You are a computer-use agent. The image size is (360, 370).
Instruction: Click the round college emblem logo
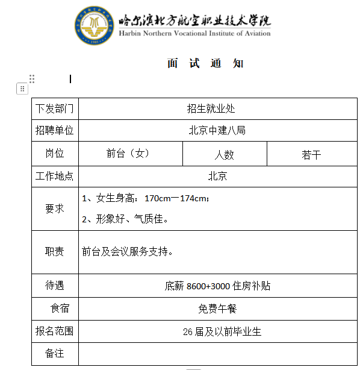coord(95,27)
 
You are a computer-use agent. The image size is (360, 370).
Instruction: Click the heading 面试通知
coord(205,64)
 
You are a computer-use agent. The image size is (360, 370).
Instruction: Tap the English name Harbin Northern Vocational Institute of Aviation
coord(194,34)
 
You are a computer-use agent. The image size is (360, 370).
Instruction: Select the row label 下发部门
coord(54,109)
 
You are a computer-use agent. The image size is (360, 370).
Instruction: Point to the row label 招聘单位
coord(54,130)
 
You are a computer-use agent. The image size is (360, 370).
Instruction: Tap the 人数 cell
coord(224,154)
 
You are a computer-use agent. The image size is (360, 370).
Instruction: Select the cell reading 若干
coord(311,154)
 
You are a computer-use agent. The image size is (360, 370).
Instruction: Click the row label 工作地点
coord(54,177)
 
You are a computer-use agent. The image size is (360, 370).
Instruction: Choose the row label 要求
coord(54,209)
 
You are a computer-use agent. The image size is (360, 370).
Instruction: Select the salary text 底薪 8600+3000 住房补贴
coord(217,286)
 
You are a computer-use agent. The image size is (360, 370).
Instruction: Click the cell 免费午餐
coord(217,309)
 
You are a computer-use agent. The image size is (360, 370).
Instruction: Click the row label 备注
coord(54,353)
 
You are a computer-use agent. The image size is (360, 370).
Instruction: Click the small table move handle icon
coord(22,89)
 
